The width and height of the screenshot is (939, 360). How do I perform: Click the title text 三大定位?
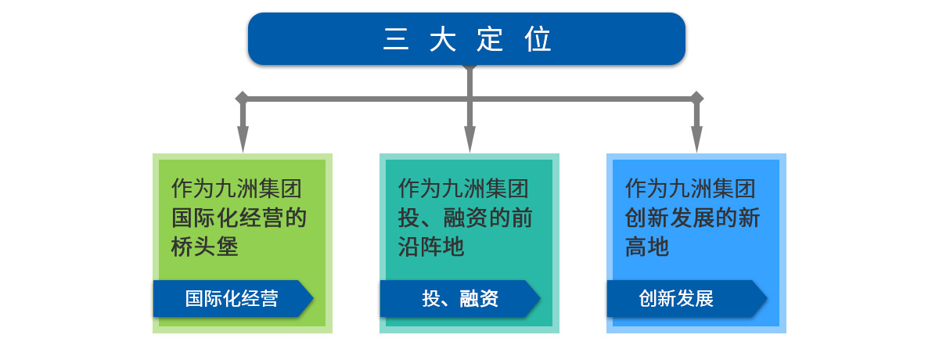tap(467, 39)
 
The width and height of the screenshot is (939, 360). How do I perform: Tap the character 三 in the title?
tap(396, 39)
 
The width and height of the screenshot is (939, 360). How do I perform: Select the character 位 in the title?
tap(538, 39)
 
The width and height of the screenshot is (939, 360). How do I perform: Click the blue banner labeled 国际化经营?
tap(232, 298)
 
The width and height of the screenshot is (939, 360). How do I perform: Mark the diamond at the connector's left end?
tap(242, 98)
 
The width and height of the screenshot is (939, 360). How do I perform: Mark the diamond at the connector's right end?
tap(696, 98)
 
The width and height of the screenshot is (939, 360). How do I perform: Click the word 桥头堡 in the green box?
tap(205, 247)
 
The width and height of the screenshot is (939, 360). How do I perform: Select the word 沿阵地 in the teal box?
tap(431, 247)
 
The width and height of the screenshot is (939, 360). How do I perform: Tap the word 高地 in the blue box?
tap(647, 247)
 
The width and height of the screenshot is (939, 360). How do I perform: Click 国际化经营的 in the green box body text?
tap(239, 218)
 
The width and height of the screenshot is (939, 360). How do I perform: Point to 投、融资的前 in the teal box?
tap(466, 218)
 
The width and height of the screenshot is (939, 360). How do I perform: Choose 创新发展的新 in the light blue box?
tap(693, 218)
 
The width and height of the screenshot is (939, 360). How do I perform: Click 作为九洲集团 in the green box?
tap(236, 189)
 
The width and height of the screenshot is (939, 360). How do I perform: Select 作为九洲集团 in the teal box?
tap(463, 189)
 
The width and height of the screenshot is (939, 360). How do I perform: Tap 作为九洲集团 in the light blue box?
tap(690, 189)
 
